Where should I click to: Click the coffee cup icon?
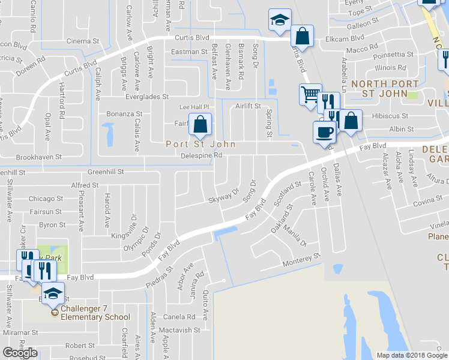pos(325,131)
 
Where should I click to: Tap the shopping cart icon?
pos(310,94)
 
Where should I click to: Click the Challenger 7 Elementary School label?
pos(95,317)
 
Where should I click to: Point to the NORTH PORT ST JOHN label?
pos(383,89)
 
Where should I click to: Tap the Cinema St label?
pos(83,41)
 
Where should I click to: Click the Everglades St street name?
pos(147,97)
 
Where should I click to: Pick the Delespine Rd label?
pos(202,155)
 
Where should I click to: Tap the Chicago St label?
pos(45,199)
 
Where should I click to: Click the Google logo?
pos(20,353)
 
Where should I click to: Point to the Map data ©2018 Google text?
pos(411,355)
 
